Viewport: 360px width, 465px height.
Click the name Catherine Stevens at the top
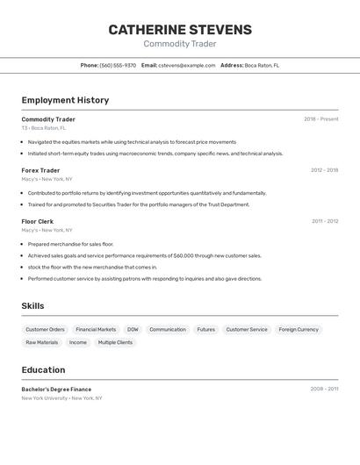[180, 30]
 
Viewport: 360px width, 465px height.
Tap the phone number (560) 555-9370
[118, 65]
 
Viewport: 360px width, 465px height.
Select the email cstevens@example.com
[186, 65]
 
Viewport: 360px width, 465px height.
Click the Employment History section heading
[65, 100]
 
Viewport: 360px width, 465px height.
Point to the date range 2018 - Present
[320, 119]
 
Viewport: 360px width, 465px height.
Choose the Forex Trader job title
[40, 170]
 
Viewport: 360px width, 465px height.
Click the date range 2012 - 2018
[324, 170]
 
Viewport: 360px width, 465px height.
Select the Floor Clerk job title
[38, 221]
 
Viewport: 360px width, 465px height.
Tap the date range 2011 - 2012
[325, 221]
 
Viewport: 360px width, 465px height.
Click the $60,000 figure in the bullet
[184, 256]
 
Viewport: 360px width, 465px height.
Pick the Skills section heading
[33, 305]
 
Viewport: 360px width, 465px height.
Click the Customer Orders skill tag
[45, 330]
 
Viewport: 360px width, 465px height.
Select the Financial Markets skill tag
[96, 330]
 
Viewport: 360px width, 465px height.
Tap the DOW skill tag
[133, 330]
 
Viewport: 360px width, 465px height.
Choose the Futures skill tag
[205, 330]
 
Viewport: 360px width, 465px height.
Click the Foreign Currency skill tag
[299, 330]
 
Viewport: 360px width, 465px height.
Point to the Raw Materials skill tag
[42, 342]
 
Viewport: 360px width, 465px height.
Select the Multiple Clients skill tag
[115, 342]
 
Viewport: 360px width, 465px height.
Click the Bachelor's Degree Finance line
[56, 389]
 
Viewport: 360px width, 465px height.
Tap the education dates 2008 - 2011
[324, 389]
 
